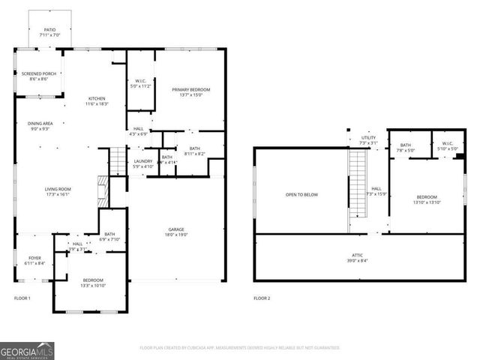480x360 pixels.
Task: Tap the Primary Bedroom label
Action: coord(186,92)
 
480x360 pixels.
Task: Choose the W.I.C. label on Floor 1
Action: coord(141,83)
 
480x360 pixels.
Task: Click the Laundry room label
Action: coord(142,163)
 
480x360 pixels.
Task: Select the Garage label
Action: coord(176,232)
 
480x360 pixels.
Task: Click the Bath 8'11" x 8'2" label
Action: coord(194,151)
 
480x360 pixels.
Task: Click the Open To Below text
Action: coord(301,195)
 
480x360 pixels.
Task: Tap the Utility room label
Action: coord(368,140)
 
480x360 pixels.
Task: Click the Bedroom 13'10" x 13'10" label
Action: coord(426,199)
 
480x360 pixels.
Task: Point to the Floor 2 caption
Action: coord(261,298)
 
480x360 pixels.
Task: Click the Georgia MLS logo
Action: coord(27,350)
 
